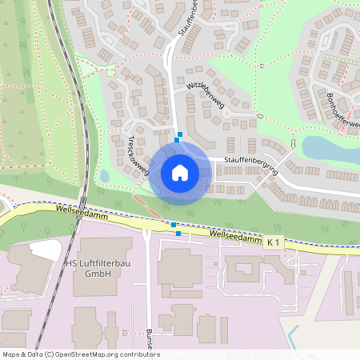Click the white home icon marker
[179, 173]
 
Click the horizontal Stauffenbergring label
[250, 160]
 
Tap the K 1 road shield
[274, 241]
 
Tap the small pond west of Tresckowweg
[104, 175]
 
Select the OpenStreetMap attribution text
[81, 354]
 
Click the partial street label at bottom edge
[148, 336]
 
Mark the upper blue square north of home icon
[180, 134]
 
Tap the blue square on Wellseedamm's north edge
[173, 225]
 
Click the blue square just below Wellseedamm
[178, 234]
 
